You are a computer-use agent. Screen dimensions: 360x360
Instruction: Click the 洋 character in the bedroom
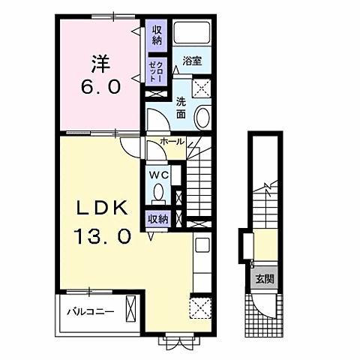[x=100, y=64]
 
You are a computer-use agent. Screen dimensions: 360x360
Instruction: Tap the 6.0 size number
[x=100, y=87]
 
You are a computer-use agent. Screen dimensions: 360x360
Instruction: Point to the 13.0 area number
[x=102, y=236]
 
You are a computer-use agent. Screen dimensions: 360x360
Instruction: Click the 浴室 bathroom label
[x=192, y=61]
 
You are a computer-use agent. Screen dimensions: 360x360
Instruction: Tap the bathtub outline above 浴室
[x=192, y=33]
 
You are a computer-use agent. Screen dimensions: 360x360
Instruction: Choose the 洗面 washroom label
[x=181, y=108]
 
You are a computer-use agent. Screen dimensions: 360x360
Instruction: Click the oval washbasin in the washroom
[x=202, y=118]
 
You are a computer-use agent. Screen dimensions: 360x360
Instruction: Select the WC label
[x=159, y=175]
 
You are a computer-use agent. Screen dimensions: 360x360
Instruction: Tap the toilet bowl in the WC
[x=158, y=193]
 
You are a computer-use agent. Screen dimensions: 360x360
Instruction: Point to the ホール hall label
[x=172, y=142]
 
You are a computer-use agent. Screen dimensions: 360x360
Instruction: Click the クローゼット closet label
[x=155, y=71]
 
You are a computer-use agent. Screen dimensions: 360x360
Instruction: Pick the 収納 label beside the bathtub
[x=157, y=35]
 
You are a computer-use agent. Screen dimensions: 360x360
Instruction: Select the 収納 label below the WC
[x=158, y=219]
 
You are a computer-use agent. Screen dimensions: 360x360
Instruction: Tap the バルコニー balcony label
[x=91, y=312]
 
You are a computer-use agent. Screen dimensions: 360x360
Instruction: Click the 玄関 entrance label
[x=265, y=278]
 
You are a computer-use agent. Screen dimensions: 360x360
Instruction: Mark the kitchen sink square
[x=202, y=244]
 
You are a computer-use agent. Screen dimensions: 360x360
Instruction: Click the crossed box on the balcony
[x=130, y=308]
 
